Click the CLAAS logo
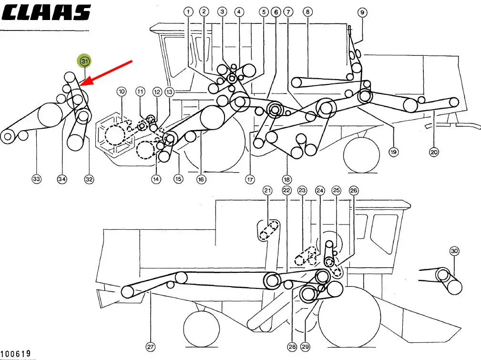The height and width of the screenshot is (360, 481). (x=46, y=12)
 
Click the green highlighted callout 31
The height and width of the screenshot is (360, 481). (x=84, y=61)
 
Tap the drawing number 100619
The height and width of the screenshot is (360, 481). (x=16, y=353)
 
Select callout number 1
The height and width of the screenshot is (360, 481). (x=188, y=12)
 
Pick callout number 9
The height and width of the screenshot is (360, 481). (x=362, y=12)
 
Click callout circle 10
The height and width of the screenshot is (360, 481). (x=122, y=92)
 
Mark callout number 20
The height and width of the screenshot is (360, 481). (x=434, y=152)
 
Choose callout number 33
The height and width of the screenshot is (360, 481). (x=37, y=179)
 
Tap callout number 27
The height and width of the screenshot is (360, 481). (x=150, y=347)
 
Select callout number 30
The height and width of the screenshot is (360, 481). (x=454, y=251)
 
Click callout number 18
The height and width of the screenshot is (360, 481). (x=287, y=180)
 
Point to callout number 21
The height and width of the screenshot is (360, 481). (x=267, y=191)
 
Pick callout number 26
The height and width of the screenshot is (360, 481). (x=353, y=191)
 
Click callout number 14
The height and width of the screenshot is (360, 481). (x=156, y=179)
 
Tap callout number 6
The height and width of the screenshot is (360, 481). (x=276, y=12)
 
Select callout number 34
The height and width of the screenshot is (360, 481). (x=62, y=179)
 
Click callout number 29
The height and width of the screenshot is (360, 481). (x=305, y=347)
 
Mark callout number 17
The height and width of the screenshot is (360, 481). (x=250, y=180)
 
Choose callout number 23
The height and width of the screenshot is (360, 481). (x=302, y=191)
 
